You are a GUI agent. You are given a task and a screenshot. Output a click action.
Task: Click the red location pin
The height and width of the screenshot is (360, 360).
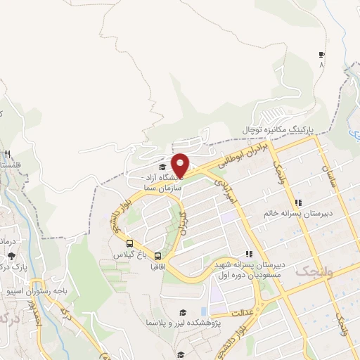181,164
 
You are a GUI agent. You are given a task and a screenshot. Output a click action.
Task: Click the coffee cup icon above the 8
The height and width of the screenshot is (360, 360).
322,54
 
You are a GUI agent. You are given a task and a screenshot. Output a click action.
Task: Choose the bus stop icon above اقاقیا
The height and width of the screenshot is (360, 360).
157,257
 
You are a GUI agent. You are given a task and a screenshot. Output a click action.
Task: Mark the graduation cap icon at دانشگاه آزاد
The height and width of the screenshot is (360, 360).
163,167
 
